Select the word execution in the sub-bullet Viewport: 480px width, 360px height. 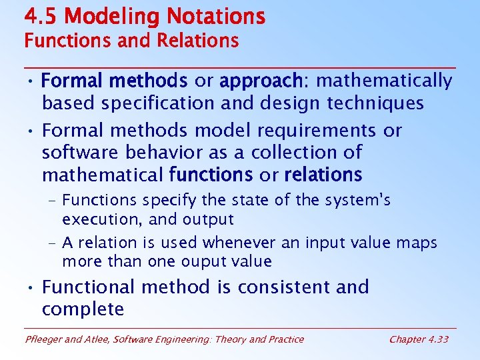point(94,219)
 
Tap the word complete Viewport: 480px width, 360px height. point(83,309)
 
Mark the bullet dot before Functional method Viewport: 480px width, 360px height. point(31,288)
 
